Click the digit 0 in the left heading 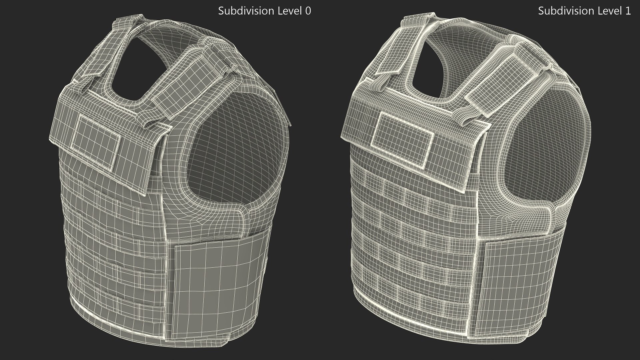click(x=308, y=11)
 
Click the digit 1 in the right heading click(x=628, y=11)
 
